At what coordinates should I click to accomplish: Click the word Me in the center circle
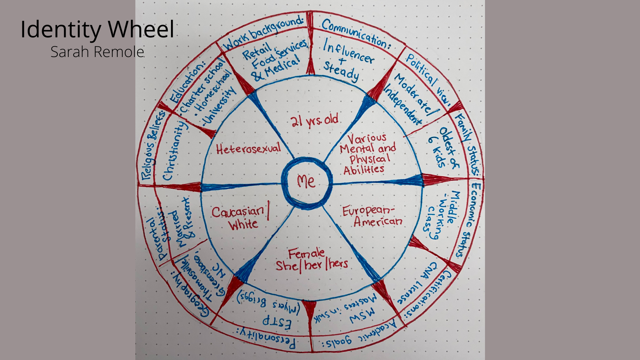(306, 182)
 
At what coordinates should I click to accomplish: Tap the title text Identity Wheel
(97, 29)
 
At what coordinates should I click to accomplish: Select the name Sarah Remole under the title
(97, 52)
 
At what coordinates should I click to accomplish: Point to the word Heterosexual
(248, 149)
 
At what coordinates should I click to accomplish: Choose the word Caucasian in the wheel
(238, 212)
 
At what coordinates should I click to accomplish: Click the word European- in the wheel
(368, 211)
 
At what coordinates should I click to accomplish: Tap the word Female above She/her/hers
(306, 254)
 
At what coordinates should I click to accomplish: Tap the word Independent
(403, 104)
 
